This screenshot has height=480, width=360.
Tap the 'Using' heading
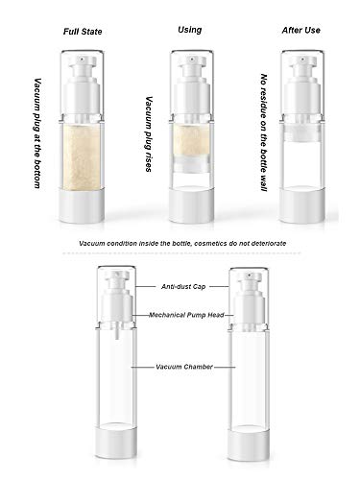pos(190,30)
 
